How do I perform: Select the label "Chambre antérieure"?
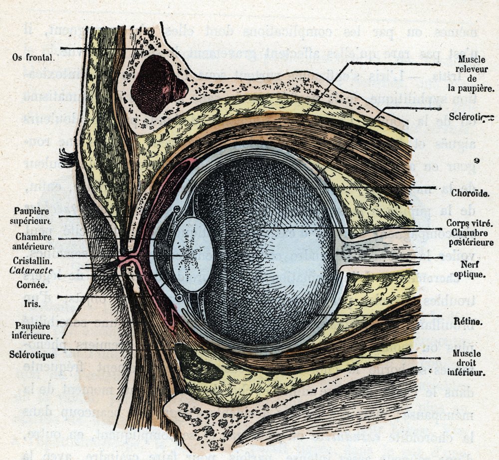click(x=34, y=242)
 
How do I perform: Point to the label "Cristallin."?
click(x=34, y=261)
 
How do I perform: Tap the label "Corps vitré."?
click(x=470, y=223)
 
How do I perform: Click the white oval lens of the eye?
click(x=192, y=255)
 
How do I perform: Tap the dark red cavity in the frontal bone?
click(x=157, y=85)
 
